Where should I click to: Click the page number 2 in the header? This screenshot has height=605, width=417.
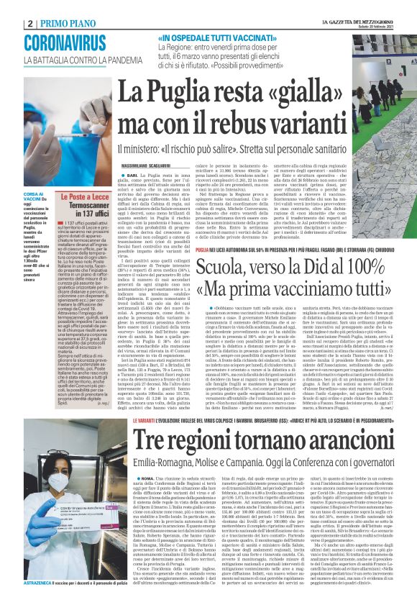(30, 22)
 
